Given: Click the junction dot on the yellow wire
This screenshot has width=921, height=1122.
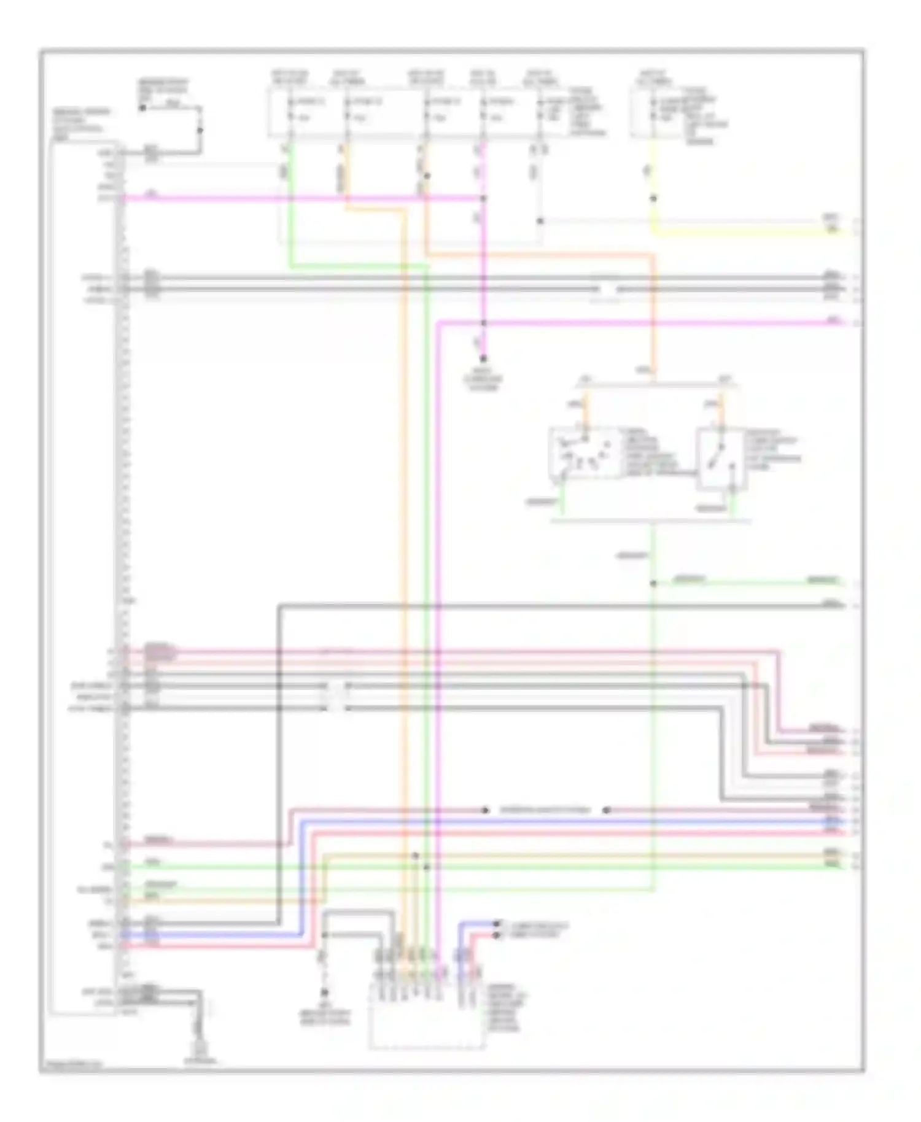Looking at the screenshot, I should point(653,198).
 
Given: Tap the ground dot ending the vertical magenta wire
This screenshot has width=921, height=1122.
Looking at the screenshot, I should point(483,358).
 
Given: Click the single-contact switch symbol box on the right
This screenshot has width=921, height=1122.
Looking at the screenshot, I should point(721,458).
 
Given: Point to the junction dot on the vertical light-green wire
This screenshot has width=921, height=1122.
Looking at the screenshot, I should point(653,583).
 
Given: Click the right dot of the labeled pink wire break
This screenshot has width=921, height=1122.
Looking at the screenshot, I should point(606,810).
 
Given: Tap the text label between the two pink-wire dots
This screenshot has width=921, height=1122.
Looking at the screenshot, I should point(545,810).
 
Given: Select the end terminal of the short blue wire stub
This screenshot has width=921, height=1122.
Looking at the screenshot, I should point(497,924).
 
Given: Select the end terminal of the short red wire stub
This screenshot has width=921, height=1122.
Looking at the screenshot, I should point(497,935).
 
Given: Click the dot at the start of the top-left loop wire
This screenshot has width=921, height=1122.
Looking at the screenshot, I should point(142,108).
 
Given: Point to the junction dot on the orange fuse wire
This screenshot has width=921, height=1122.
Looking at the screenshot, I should point(427,176).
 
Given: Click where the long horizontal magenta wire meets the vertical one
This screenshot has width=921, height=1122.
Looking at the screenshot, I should point(483,198).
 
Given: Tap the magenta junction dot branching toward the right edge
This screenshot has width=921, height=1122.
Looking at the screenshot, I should point(483,323).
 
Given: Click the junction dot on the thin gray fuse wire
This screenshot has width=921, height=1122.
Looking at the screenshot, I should point(540,221).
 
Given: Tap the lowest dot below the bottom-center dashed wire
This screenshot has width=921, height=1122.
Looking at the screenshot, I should point(324,992).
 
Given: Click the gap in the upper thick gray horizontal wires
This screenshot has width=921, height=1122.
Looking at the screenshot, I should point(607,288).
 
